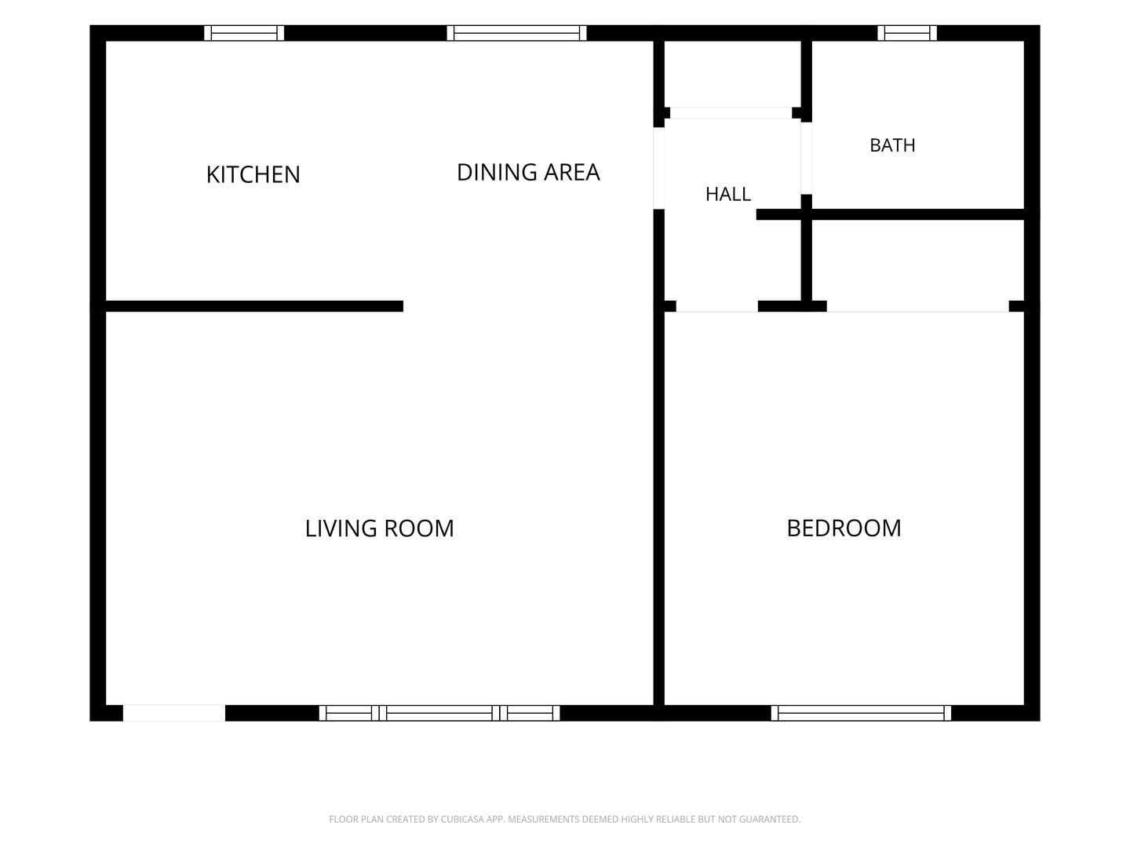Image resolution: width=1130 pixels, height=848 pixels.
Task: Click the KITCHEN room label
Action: pyautogui.click(x=253, y=174)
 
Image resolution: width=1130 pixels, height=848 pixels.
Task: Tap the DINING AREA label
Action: pyautogui.click(x=528, y=172)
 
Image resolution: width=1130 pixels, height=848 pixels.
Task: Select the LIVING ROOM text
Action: pyautogui.click(x=379, y=528)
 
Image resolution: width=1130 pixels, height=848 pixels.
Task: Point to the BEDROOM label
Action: pyautogui.click(x=844, y=528)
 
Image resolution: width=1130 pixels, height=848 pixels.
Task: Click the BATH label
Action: pyautogui.click(x=892, y=145)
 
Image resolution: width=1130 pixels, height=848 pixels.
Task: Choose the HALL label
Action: pyautogui.click(x=728, y=194)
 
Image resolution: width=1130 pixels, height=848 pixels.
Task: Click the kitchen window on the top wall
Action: pyautogui.click(x=244, y=33)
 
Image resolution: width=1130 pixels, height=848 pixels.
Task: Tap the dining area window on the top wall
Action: pyautogui.click(x=516, y=33)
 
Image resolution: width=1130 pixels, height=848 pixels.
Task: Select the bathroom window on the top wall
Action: pyautogui.click(x=907, y=33)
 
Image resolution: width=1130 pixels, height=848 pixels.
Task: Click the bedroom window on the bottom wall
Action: pyautogui.click(x=861, y=713)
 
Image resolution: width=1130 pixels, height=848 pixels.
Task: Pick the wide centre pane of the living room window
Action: pyautogui.click(x=439, y=713)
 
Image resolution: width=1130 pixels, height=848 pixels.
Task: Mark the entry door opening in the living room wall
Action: pyautogui.click(x=174, y=713)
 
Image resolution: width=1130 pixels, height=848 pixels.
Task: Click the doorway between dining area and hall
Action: pyautogui.click(x=659, y=168)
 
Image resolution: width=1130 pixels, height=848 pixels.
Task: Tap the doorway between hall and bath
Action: pyautogui.click(x=807, y=159)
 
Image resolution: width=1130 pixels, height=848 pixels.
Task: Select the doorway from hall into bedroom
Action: pyautogui.click(x=717, y=306)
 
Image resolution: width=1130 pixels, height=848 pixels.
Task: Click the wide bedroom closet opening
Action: pyautogui.click(x=918, y=306)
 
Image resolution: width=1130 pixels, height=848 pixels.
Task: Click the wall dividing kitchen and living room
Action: pyautogui.click(x=254, y=306)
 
